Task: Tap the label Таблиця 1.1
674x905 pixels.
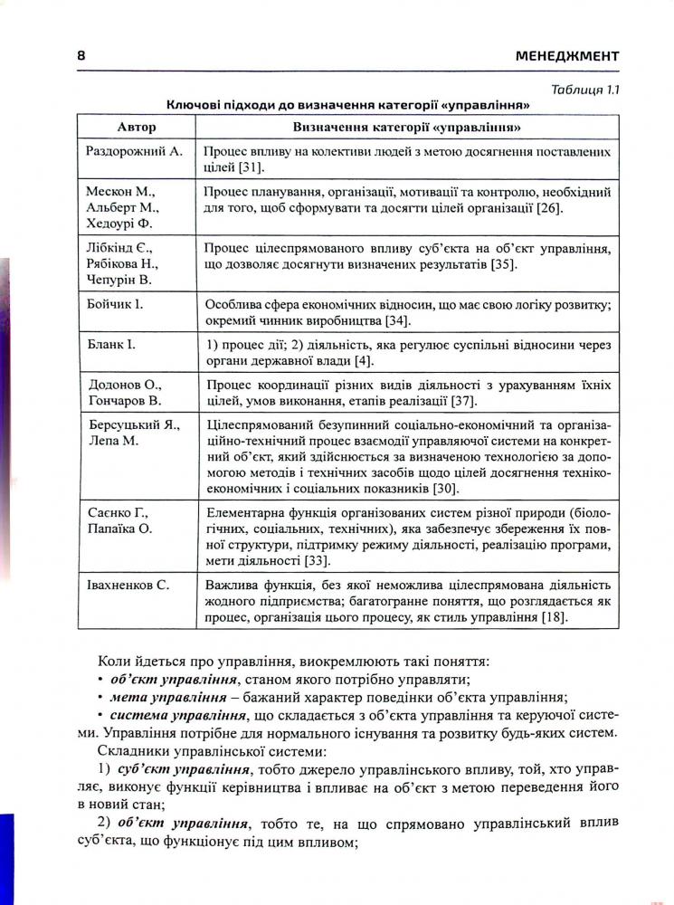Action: (584, 88)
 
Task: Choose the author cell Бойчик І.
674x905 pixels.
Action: (115, 305)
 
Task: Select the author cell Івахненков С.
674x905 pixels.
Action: (130, 585)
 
